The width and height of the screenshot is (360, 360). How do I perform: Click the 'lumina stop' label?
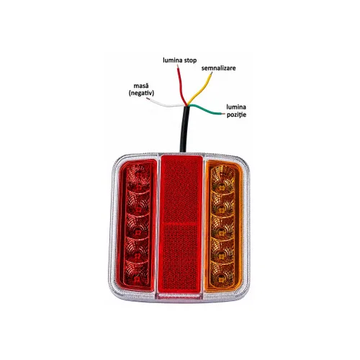coord(179,60)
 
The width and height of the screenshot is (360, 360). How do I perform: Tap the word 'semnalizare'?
coord(218,68)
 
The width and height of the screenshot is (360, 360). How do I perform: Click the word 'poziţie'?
coord(236,114)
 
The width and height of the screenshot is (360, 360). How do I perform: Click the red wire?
coord(181,86)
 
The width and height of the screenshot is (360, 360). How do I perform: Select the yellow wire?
coord(199,89)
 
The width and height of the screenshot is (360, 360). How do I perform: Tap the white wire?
coord(166,104)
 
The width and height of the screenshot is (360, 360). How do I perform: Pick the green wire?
coord(207,110)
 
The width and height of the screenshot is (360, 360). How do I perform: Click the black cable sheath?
coord(184,129)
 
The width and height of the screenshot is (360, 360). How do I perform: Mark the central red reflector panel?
coord(181,224)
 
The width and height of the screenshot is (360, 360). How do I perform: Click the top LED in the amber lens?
coord(222,186)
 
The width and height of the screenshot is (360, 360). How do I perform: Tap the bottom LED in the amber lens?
coord(221,280)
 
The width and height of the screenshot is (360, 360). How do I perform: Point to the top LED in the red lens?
coord(138,186)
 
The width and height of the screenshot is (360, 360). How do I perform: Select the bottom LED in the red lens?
coord(137,279)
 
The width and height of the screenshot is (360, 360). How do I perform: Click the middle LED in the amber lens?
coord(222,233)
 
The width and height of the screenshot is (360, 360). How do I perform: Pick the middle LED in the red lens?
coord(138,233)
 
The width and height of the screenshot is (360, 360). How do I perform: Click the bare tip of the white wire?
coord(148,99)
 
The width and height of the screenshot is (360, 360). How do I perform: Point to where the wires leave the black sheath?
coord(186,106)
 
